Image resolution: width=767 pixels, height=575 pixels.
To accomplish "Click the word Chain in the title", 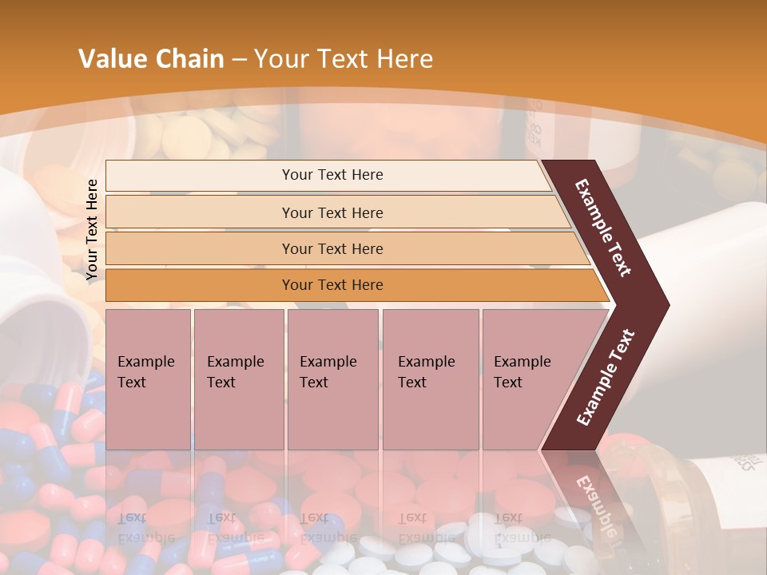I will (190, 59).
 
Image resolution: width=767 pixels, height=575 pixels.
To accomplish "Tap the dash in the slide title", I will (239, 60).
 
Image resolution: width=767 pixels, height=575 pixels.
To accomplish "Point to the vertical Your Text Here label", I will (92, 230).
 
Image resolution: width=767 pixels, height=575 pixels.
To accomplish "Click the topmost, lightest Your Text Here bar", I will (332, 175).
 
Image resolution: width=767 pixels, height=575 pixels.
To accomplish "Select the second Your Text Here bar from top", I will (332, 212).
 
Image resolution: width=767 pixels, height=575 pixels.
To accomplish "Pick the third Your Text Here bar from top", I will (332, 248).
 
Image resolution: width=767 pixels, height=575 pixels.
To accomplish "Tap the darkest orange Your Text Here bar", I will (332, 285).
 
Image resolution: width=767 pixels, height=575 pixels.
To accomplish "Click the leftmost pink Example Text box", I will (148, 379).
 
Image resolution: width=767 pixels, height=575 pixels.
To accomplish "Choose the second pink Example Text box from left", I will (238, 379).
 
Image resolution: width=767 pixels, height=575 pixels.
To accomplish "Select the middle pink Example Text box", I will (332, 379).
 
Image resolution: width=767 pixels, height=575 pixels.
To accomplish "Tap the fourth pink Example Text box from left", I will (430, 379).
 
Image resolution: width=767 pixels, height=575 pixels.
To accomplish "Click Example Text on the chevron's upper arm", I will (604, 228).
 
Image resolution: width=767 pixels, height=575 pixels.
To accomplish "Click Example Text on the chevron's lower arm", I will (606, 378).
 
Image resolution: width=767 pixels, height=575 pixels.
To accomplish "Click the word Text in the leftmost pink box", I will (132, 383).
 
